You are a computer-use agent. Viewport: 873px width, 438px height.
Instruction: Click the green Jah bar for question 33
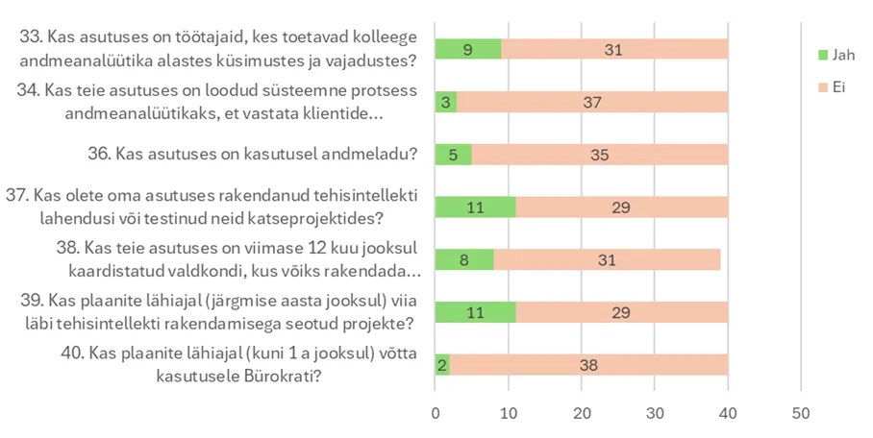coord(468,49)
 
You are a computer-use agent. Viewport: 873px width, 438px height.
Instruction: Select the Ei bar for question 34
coord(592,102)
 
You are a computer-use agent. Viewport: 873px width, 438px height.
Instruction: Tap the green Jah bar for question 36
coord(453,155)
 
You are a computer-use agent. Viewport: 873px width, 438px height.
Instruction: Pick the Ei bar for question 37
coord(621,207)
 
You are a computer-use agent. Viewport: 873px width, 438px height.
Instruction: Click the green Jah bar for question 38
coord(464,260)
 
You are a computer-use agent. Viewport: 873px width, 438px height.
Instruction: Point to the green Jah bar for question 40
coord(442,365)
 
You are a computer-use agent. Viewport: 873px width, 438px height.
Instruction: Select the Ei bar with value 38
coord(588,365)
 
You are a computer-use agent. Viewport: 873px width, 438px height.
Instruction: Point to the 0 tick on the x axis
coord(436,413)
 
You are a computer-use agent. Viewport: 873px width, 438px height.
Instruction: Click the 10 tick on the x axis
coord(509,413)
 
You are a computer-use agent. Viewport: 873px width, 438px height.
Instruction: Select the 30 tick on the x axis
coord(655,413)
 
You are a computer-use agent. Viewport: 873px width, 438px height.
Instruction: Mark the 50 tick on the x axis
coord(801,413)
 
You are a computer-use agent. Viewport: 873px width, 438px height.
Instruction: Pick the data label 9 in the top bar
coord(467,49)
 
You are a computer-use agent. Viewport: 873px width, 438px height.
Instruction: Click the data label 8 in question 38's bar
coord(463,260)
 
